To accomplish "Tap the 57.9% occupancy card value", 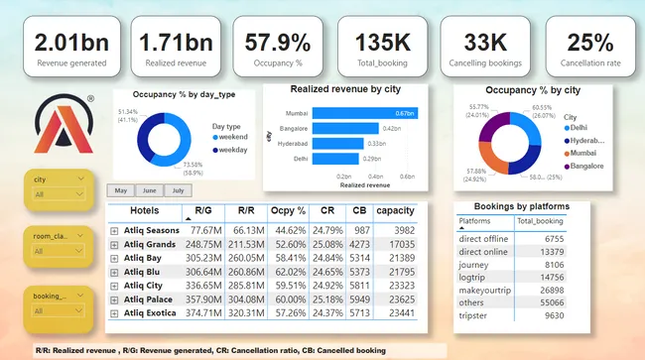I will click(271, 43).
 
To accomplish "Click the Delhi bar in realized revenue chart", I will click(327, 157).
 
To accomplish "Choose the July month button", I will click(179, 190).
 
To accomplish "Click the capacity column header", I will click(395, 211).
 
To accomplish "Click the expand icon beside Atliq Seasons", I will click(115, 230).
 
